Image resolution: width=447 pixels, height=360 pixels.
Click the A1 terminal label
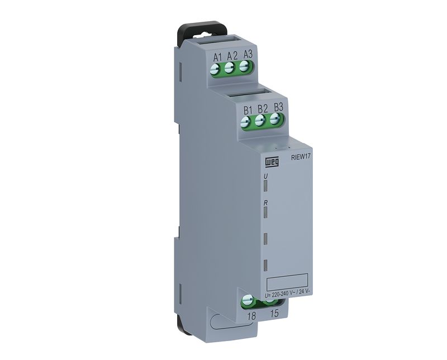point(217,57)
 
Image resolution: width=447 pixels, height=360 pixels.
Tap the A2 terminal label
point(232,56)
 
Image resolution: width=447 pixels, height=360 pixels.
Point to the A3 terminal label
point(248,54)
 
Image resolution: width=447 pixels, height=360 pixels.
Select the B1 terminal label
point(248,111)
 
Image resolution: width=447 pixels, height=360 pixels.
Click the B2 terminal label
point(263,109)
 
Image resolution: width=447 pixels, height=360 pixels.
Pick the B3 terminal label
point(278,107)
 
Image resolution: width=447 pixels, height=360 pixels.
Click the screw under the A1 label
point(215,69)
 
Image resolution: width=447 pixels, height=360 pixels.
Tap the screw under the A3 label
point(244,66)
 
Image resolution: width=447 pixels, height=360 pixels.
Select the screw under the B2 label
point(259,121)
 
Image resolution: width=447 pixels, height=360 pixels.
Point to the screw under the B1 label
point(245,122)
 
